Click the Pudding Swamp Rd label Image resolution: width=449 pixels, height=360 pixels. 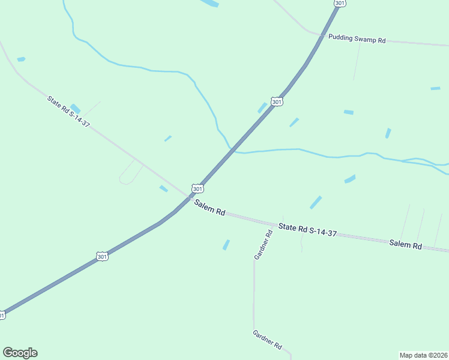[357, 38]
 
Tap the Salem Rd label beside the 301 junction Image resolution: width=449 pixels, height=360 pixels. [209, 208]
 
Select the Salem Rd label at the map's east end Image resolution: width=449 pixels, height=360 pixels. [405, 244]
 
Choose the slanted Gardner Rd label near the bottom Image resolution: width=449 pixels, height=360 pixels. [267, 340]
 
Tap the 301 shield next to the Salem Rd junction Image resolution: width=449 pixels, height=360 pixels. [197, 188]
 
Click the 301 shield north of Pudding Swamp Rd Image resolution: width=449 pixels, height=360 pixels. [340, 3]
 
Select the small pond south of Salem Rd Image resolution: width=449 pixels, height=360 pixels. [226, 245]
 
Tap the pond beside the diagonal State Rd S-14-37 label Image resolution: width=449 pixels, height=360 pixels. [76, 109]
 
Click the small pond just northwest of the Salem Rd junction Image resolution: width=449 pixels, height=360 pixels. [163, 189]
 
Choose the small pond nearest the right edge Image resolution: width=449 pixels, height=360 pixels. [435, 89]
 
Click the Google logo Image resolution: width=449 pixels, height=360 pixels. [20, 353]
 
